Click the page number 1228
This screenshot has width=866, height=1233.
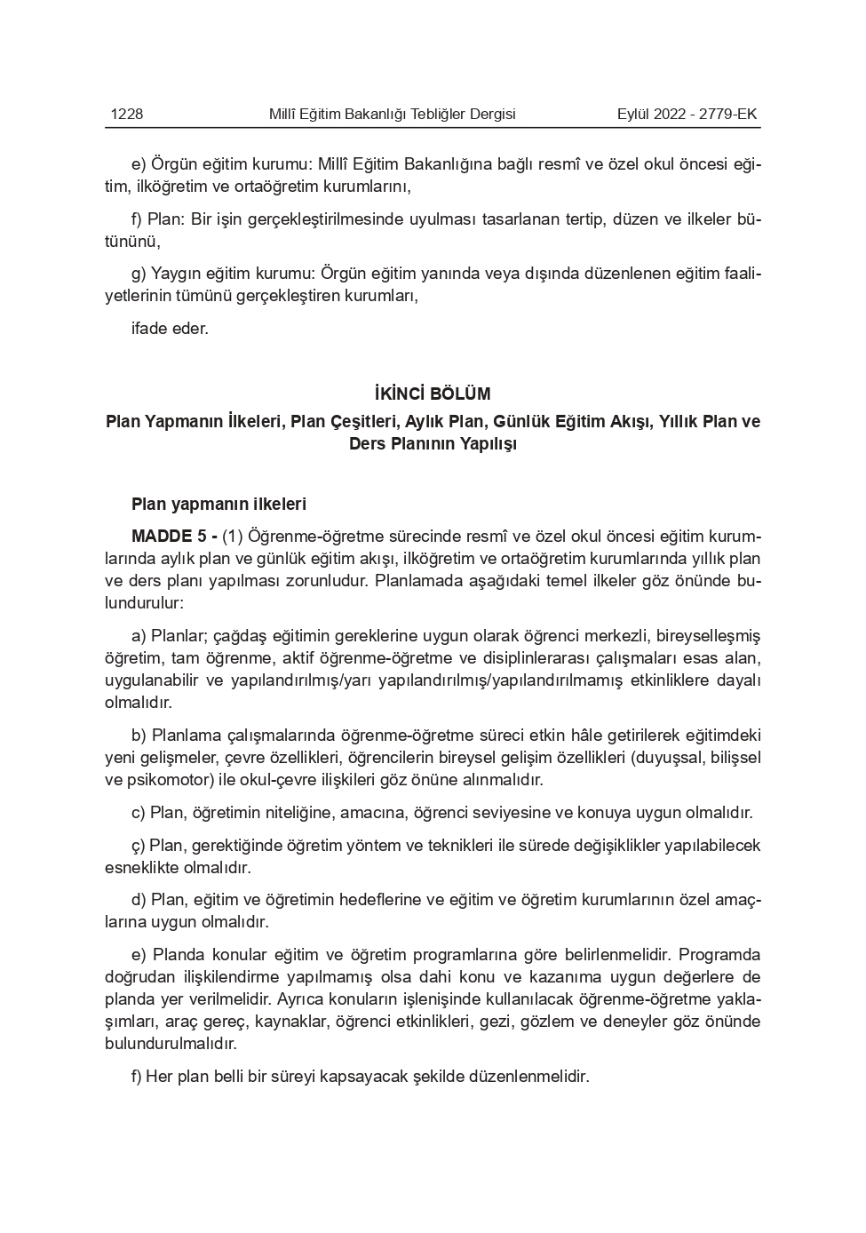(126, 114)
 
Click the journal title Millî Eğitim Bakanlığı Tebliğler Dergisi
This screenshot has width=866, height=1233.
(392, 114)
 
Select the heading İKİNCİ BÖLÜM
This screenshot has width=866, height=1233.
(433, 394)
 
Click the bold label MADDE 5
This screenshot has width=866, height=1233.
(169, 537)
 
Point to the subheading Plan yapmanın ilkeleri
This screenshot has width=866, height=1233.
(218, 505)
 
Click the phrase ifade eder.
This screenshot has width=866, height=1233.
(170, 329)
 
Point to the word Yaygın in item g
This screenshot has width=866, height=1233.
(175, 274)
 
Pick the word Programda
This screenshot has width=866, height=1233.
(719, 955)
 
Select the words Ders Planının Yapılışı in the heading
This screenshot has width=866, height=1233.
(433, 444)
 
